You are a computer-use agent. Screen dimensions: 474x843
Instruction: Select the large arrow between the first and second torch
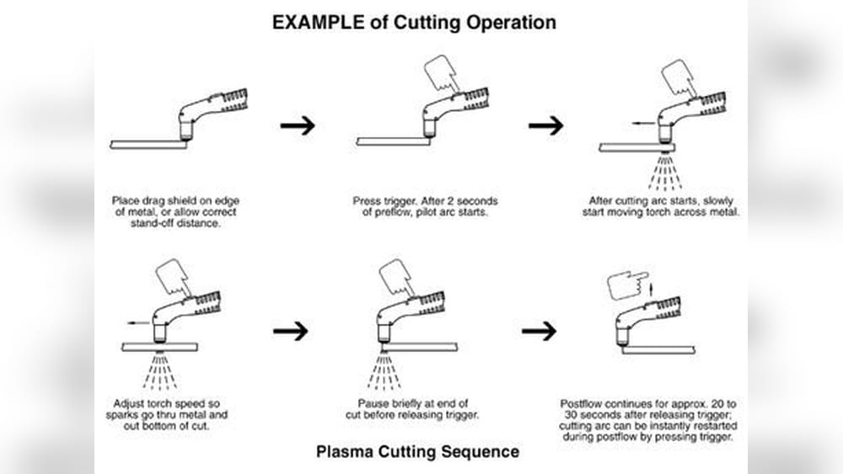pos(298,125)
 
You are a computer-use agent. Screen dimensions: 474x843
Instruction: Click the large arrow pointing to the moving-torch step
pos(545,125)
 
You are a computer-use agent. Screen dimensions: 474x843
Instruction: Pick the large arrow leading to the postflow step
pos(539,331)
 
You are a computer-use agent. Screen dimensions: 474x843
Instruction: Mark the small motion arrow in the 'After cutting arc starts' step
pos(642,123)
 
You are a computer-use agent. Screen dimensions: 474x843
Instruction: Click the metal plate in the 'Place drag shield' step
pos(148,144)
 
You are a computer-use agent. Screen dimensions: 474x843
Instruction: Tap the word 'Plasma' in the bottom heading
pos(341,452)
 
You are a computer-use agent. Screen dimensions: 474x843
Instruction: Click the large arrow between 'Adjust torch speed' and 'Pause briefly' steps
pos(291,331)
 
